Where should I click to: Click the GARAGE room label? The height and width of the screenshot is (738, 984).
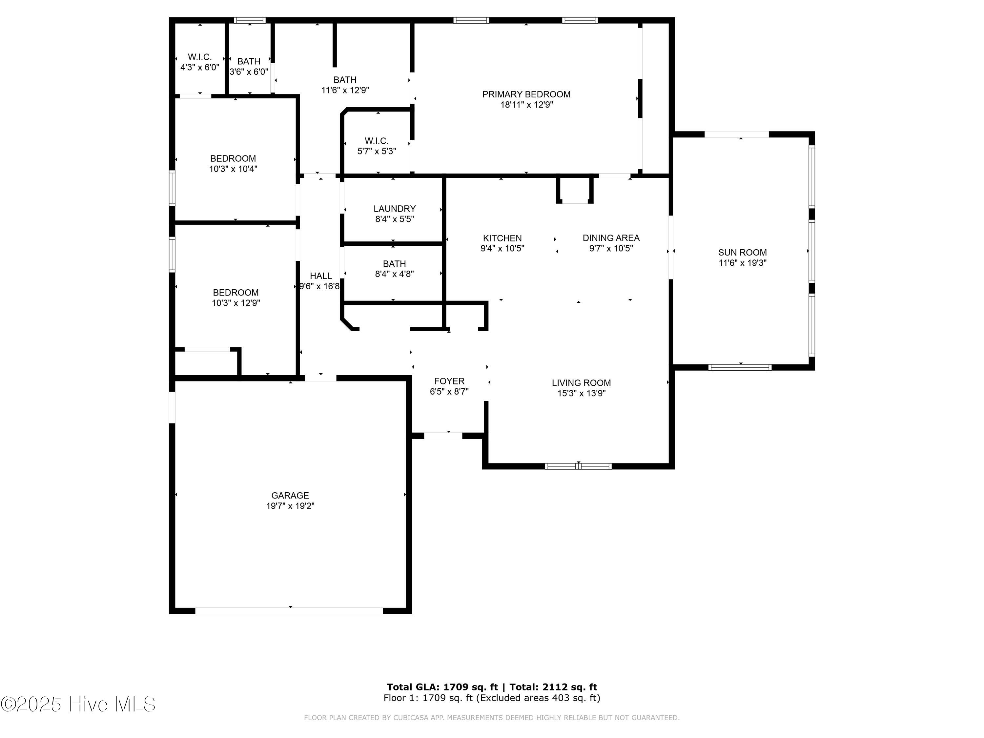pos(290,495)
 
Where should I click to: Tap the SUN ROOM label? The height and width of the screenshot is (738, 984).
pos(743,252)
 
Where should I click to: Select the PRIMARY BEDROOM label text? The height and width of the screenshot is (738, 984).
pos(526,94)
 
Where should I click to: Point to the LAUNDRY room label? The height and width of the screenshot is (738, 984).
pos(395,209)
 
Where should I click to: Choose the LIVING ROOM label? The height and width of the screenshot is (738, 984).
pos(582,382)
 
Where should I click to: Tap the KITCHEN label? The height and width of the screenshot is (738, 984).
pos(502,238)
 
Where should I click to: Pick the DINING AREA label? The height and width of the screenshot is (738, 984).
pos(611,238)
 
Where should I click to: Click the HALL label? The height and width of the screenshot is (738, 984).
pos(321,276)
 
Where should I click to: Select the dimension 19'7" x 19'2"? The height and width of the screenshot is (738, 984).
pos(290,506)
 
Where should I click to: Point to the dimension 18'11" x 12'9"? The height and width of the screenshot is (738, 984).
pos(527,105)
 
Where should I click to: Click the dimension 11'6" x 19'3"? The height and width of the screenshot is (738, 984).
pos(743,263)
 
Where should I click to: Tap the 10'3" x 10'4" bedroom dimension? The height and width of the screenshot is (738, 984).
pos(233,169)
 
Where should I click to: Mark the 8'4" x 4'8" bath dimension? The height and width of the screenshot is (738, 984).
pos(395,274)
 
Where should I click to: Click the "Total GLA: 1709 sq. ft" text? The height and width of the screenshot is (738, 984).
pos(442,687)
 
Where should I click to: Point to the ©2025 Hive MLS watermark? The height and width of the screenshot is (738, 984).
pos(78,704)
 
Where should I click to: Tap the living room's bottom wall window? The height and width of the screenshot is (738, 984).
pos(578,466)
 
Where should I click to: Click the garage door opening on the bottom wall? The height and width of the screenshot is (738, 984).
pos(289,611)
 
